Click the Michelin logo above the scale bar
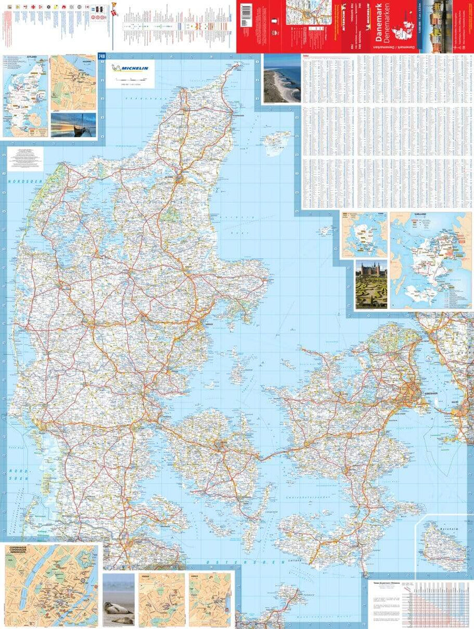[x=130, y=68]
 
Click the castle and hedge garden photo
[x=371, y=284]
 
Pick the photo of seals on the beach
[x=118, y=600]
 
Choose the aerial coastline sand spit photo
[x=282, y=79]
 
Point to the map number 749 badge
[x=102, y=57]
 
